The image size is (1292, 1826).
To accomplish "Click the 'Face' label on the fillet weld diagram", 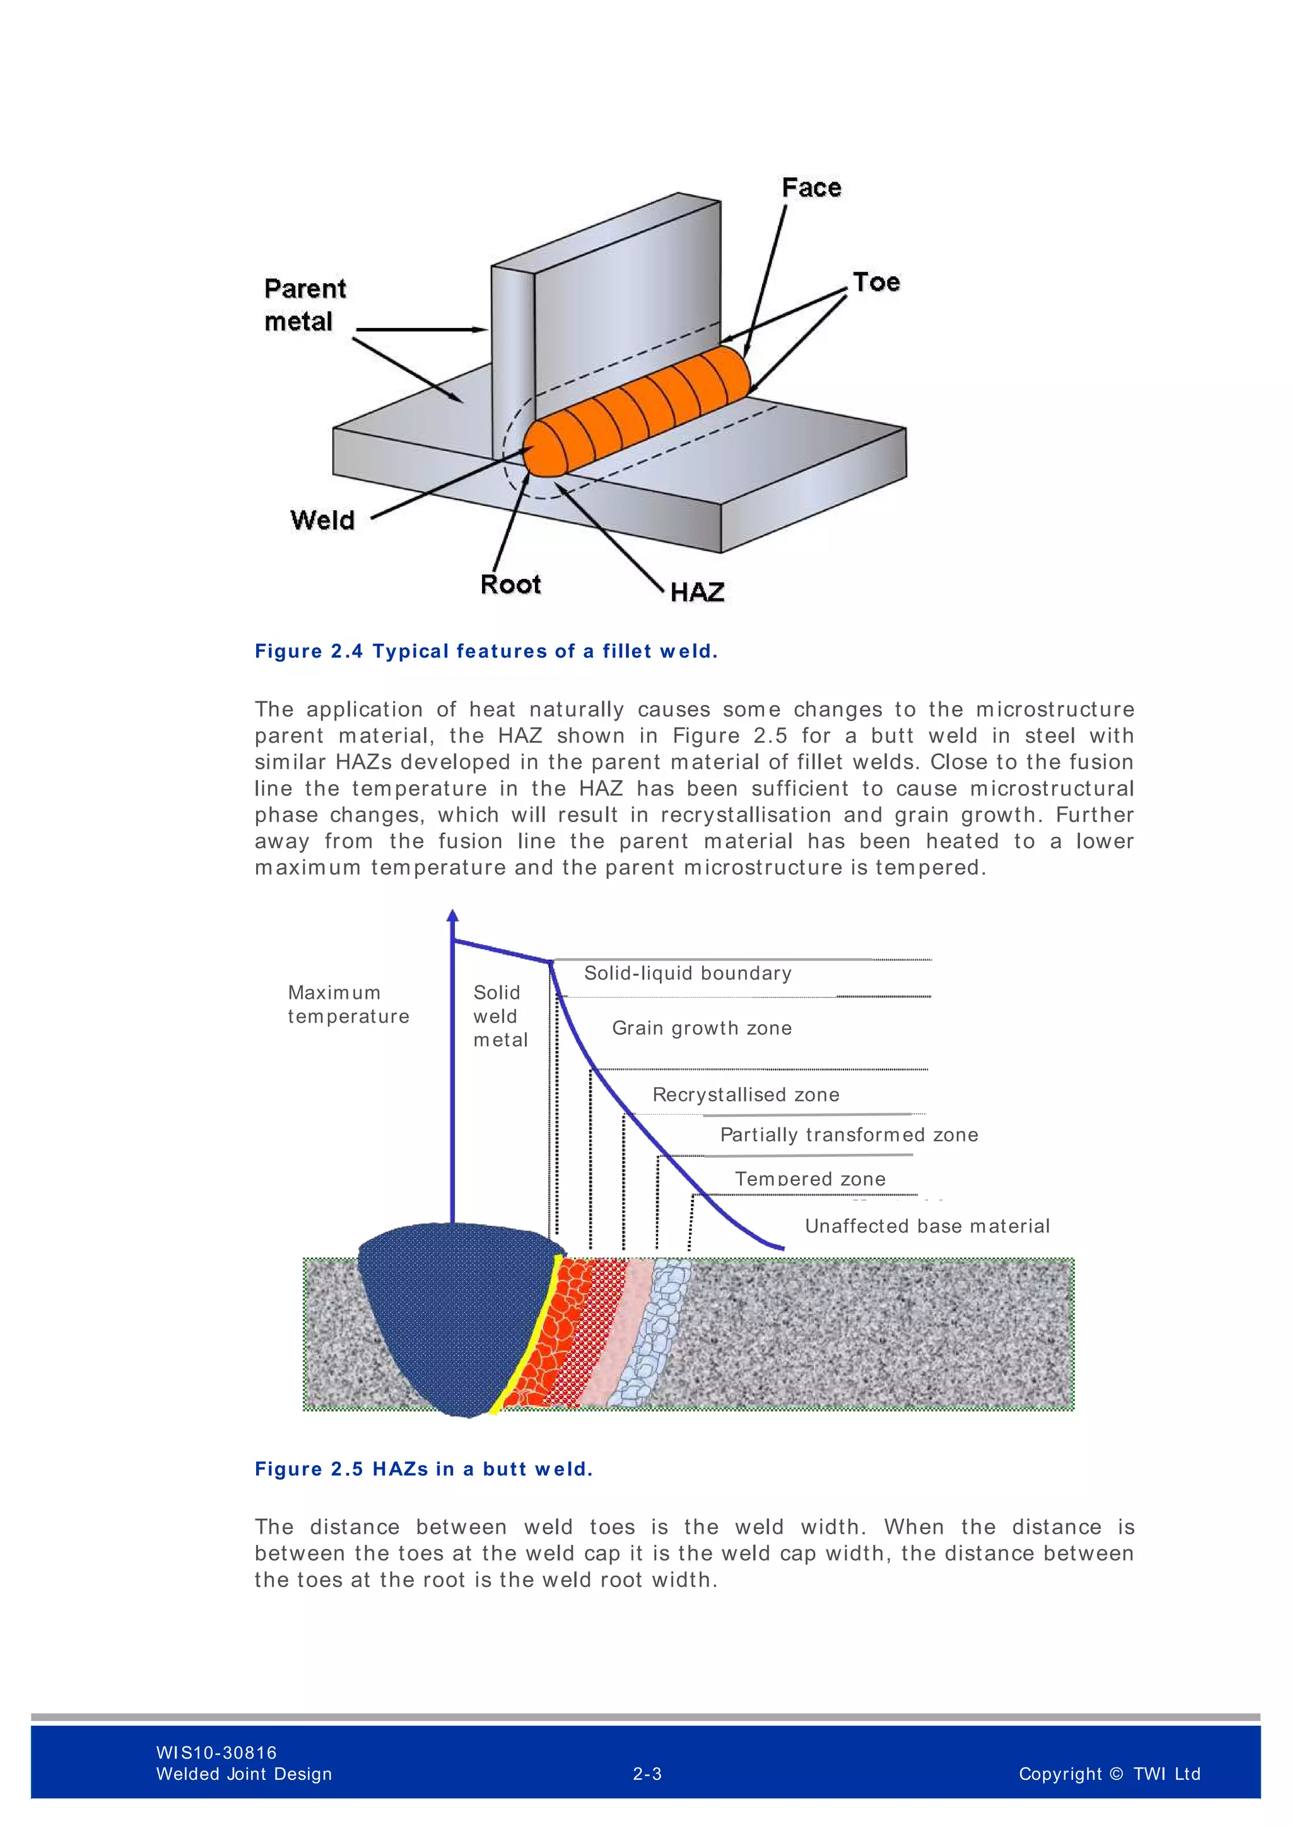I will coord(811,188).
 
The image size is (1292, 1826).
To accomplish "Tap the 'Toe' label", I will coord(876,282).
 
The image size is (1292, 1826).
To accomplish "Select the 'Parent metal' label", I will coord(305,305).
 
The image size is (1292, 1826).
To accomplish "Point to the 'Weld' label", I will coord(322,520).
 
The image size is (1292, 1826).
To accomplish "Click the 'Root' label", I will coord(510,584).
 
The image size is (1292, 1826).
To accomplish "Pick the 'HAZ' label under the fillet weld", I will coord(697,593).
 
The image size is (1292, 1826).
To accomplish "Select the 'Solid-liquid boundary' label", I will coord(688,974).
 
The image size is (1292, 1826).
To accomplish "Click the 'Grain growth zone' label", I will coord(702,1028).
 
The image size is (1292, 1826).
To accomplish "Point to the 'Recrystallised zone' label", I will coord(746,1095).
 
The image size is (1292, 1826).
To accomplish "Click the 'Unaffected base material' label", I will coord(927,1226).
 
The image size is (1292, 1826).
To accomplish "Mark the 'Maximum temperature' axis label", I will coord(348,1004).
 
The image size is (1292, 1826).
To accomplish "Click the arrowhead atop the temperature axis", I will coord(453,916).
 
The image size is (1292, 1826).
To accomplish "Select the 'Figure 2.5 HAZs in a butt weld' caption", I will coord(424,1469).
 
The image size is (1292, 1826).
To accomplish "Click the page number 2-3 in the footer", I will coord(647,1774).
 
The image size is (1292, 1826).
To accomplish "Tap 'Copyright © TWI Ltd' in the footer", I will coord(1109,1774).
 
